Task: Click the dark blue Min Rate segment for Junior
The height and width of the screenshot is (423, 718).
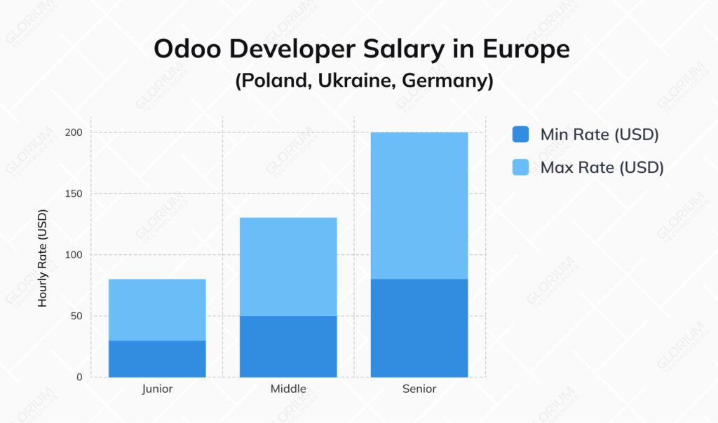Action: [x=157, y=359]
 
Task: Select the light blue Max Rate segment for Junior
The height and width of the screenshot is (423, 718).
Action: [x=157, y=310]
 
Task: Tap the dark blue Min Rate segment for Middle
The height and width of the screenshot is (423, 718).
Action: [x=288, y=346]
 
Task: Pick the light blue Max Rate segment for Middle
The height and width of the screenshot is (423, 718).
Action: [x=288, y=266]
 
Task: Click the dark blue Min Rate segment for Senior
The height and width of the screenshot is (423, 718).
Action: [x=419, y=328]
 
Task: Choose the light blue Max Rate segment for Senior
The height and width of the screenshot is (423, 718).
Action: [x=419, y=205]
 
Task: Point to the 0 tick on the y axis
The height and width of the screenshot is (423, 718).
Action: [x=79, y=377]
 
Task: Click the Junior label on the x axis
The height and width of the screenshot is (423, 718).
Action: [x=157, y=389]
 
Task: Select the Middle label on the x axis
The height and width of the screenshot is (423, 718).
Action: [x=288, y=389]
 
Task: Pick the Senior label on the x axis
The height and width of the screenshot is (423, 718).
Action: [x=419, y=389]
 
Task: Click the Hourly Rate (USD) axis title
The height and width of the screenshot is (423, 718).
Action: [x=43, y=258]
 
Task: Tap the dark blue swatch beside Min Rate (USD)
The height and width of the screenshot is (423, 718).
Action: [x=520, y=134]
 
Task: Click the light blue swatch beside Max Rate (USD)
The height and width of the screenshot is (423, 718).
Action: [x=520, y=167]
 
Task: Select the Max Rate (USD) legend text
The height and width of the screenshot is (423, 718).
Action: [x=602, y=167]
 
